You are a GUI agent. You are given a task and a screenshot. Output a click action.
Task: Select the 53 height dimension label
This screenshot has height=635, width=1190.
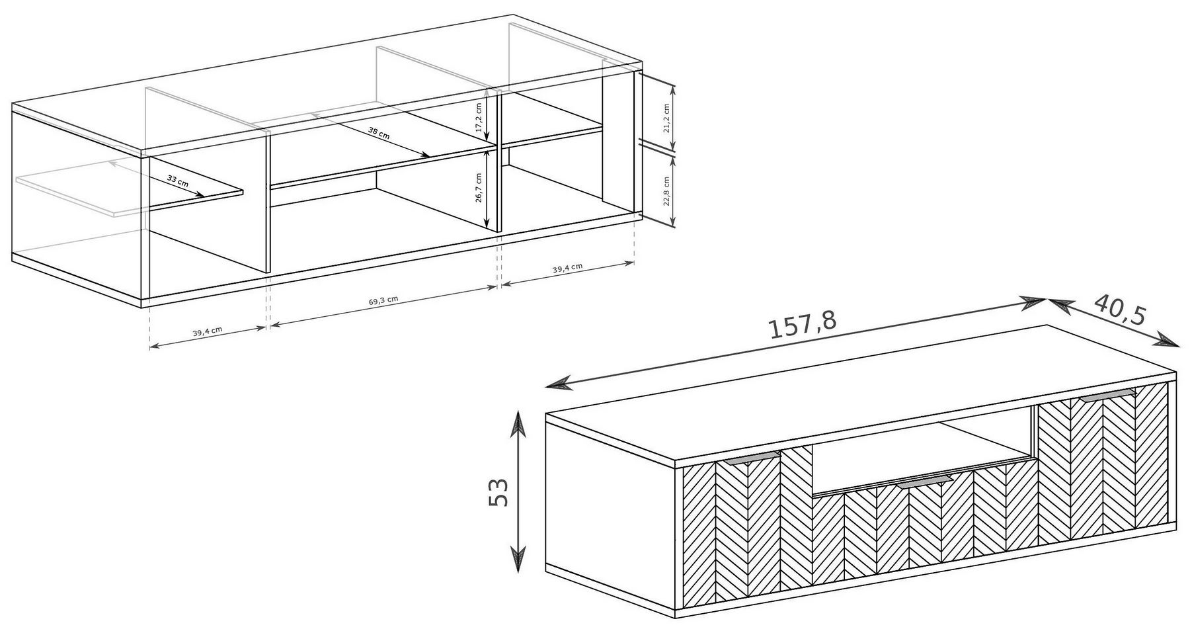point(499,492)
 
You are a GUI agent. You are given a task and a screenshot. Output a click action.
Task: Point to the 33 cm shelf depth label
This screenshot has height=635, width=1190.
point(178,182)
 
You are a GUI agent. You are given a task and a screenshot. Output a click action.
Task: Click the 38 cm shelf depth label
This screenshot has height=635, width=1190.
point(379,132)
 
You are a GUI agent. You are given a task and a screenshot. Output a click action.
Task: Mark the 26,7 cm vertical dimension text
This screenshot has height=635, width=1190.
point(479,189)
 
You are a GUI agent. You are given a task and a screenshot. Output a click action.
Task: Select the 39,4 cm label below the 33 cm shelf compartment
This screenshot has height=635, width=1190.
point(207,333)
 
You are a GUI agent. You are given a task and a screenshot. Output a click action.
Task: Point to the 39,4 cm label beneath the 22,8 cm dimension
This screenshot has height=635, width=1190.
point(567,268)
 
